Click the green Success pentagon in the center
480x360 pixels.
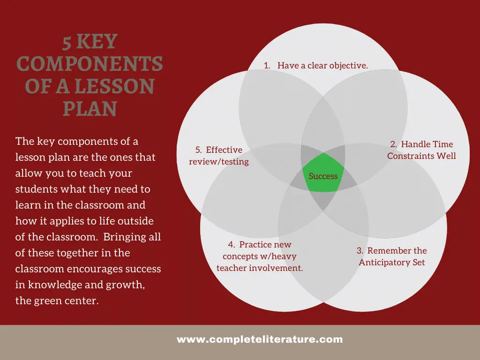tap(323, 173)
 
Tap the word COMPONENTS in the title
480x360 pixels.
tap(90, 64)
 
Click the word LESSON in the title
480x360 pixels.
tap(114, 86)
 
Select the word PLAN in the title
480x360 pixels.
tap(90, 109)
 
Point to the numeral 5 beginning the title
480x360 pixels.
tap(67, 43)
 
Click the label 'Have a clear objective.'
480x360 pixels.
tap(322, 66)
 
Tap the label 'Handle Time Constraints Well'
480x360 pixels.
tap(421, 150)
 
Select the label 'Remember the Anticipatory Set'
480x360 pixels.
tap(392, 256)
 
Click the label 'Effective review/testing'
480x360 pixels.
tap(219, 156)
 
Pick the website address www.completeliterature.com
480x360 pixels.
tap(260, 339)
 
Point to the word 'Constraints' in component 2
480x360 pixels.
tap(411, 156)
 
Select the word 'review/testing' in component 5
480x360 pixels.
tap(219, 162)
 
